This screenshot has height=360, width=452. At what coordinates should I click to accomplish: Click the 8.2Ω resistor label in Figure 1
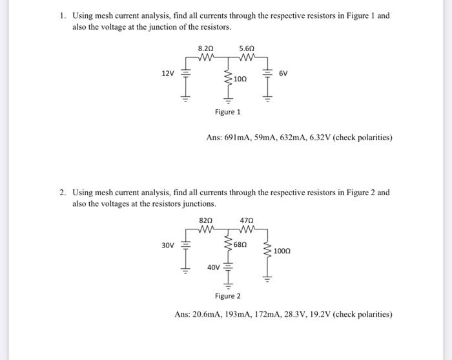point(206,48)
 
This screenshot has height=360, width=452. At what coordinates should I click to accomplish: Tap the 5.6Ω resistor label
point(247,48)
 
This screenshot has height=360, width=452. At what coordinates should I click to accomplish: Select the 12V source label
point(168,74)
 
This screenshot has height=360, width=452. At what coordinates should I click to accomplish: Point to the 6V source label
point(283,74)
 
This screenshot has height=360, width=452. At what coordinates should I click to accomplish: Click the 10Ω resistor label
point(240,78)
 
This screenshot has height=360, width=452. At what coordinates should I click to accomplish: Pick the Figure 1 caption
point(227,112)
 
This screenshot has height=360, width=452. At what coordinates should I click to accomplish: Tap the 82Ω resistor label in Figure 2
point(206,220)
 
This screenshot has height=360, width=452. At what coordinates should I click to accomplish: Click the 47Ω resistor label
point(247,220)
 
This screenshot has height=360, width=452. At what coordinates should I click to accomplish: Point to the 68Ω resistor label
point(240,245)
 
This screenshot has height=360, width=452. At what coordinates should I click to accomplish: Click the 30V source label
point(168,246)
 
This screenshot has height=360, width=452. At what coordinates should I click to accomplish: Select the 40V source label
point(213,268)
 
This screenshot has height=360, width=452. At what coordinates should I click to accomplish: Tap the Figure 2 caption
point(227,296)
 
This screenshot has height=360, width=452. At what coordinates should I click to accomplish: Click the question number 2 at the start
point(62,193)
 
